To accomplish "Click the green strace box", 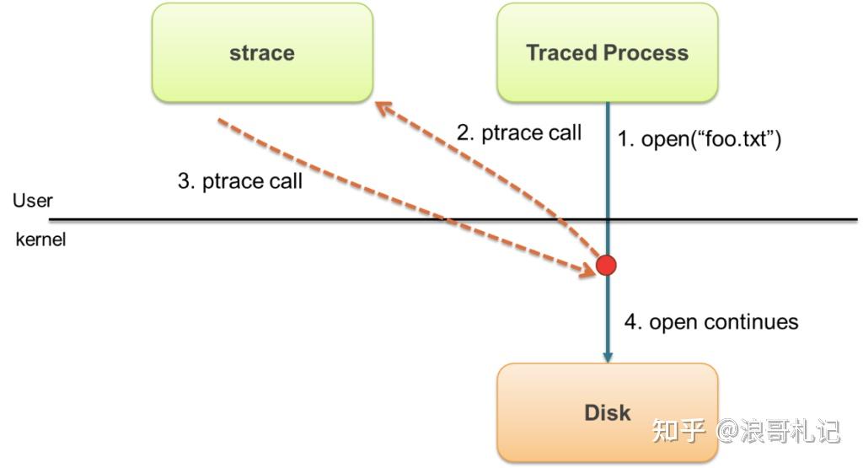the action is (x=263, y=53).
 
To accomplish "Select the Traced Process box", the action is (x=607, y=53).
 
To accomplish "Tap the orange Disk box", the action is (x=607, y=412).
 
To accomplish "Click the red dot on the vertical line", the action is (x=606, y=265).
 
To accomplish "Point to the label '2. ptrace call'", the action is (x=519, y=132).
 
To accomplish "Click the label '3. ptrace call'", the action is (x=240, y=180).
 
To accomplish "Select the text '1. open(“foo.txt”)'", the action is (x=699, y=139).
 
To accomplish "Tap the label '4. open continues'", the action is (x=711, y=321).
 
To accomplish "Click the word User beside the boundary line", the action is (x=33, y=201).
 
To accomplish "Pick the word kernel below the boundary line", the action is (x=40, y=239).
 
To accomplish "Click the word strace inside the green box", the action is (x=262, y=53).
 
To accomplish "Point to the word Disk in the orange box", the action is (x=607, y=412).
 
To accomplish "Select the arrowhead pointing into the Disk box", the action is (x=608, y=357).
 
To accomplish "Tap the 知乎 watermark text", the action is (x=678, y=430).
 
